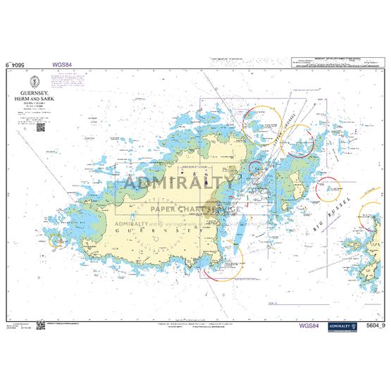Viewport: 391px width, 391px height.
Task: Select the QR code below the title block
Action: point(39,127)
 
